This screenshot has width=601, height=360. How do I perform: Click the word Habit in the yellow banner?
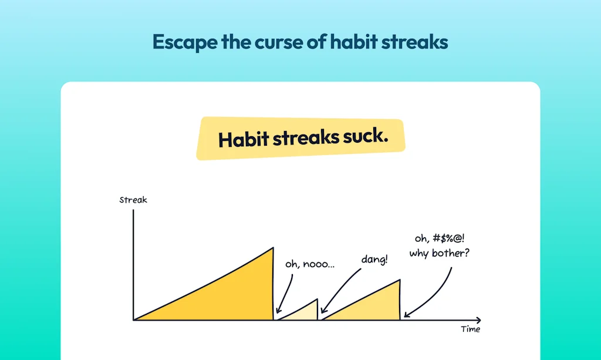tap(242, 140)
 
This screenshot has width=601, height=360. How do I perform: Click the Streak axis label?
tap(133, 200)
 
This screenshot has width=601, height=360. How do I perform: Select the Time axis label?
tap(470, 329)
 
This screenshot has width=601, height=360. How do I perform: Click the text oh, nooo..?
tap(310, 264)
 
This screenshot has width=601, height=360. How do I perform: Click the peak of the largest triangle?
tap(273, 248)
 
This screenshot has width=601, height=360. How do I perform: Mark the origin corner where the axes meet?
tap(134, 320)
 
